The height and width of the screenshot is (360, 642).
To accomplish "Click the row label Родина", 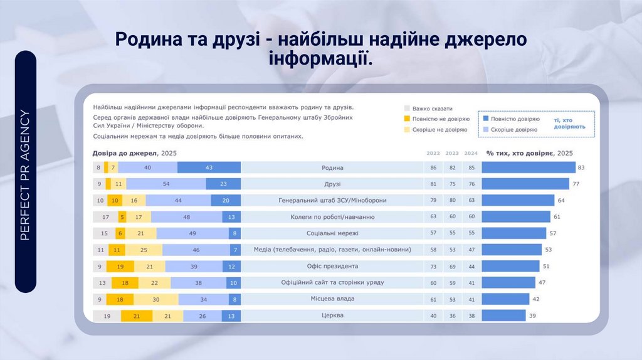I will click(332, 168).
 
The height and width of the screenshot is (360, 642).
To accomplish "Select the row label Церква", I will click(332, 315).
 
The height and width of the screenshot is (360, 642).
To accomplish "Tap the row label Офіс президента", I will click(332, 266).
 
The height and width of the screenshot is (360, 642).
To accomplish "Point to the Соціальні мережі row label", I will click(332, 233).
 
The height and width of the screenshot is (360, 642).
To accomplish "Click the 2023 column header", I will click(451, 154).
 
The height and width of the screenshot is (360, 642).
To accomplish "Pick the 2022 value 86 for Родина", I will click(433, 168).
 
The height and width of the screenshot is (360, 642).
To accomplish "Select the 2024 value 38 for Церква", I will click(471, 315).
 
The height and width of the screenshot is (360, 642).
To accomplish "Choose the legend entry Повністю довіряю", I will click(514, 119).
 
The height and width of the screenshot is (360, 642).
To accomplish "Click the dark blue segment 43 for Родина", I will click(209, 167).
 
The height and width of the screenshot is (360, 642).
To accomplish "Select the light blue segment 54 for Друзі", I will click(166, 184).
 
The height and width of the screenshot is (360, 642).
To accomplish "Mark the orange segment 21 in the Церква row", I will click(137, 315).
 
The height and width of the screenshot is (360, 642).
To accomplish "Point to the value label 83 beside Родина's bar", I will click(581, 168).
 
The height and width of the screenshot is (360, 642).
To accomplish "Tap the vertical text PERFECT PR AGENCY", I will click(26, 175).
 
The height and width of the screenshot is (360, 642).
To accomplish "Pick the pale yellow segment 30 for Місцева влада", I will click(155, 299).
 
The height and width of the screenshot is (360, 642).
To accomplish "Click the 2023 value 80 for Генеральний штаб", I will click(451, 201).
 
